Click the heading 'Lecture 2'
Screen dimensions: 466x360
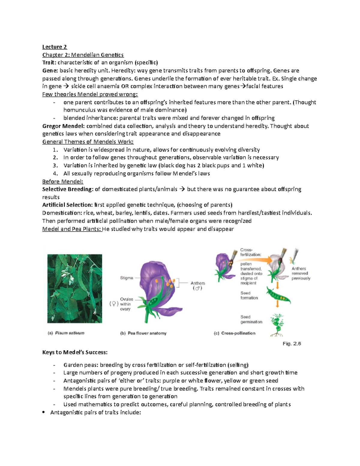[55, 47]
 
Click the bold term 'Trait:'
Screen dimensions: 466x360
[49, 63]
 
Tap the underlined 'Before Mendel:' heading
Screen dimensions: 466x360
[63, 182]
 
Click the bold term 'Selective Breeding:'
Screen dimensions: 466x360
[68, 189]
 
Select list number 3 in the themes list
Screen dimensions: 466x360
[55, 165]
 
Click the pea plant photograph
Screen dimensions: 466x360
[75, 288]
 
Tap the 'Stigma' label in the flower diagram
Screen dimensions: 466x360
[126, 278]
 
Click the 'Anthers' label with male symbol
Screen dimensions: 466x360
[198, 285]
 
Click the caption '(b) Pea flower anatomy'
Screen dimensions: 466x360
[143, 333]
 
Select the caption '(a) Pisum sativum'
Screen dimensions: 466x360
[66, 333]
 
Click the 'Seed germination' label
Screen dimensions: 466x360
[251, 319]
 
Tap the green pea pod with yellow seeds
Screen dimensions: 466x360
[278, 295]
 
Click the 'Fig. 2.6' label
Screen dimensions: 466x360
[292, 344]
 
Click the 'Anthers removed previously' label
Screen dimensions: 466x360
[301, 273]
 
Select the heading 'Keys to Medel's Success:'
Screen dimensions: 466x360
[75, 352]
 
